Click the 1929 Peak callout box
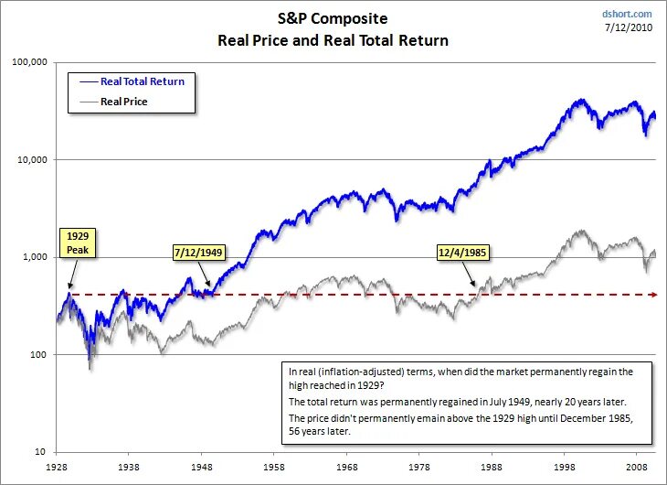[x=77, y=242]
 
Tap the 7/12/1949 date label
[x=200, y=251]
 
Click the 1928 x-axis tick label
[x=57, y=466]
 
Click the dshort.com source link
[x=628, y=14]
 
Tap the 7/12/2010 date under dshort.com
[x=630, y=27]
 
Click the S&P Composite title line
[x=333, y=17]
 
